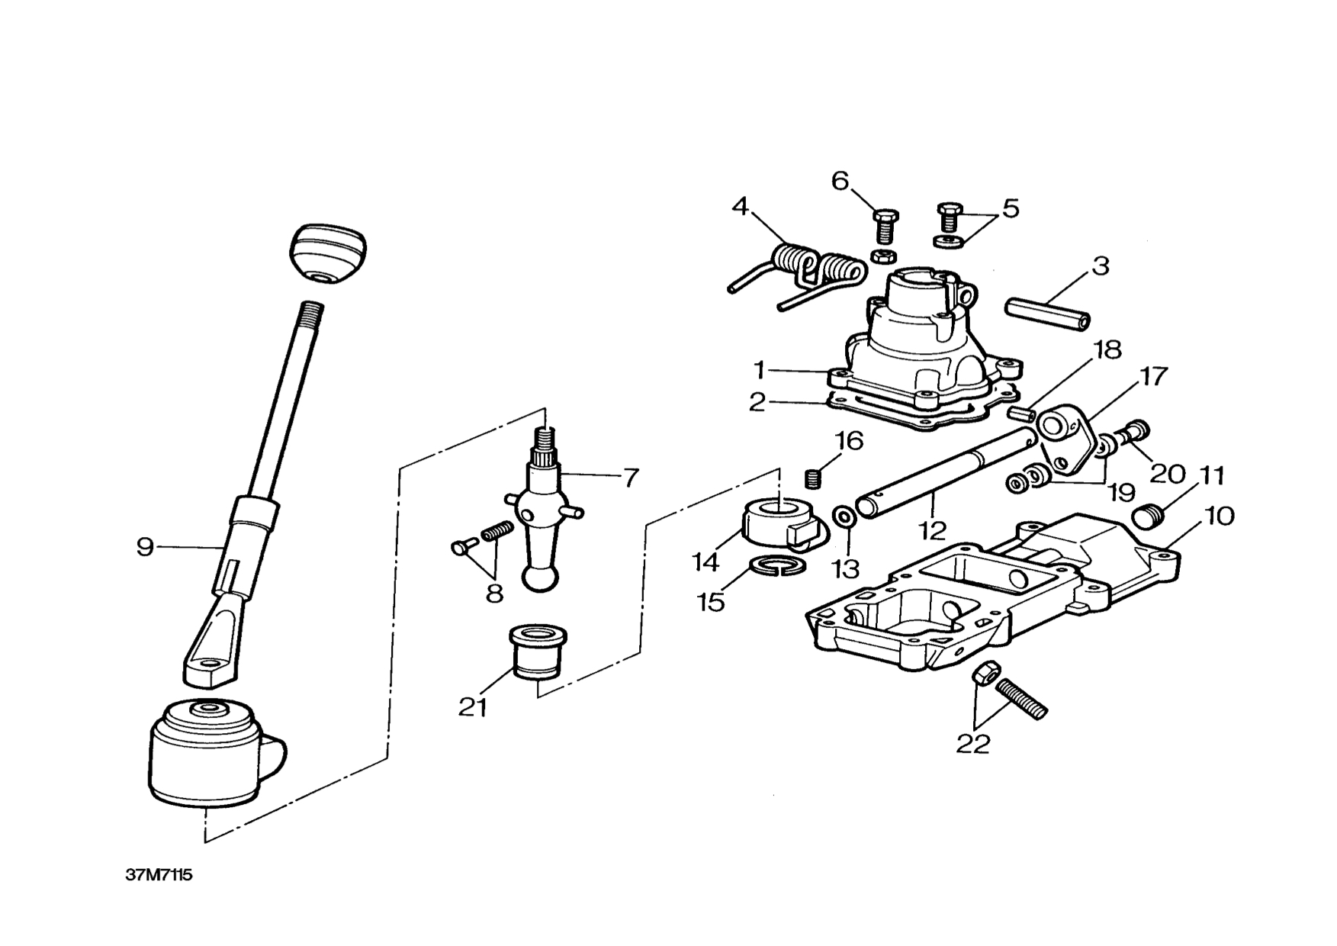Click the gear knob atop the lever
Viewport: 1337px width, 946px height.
coord(327,254)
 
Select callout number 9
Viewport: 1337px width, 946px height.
coord(145,547)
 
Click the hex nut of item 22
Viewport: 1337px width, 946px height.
coord(983,673)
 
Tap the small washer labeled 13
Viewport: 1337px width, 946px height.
coord(844,516)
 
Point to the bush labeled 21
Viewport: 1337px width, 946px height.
coord(536,652)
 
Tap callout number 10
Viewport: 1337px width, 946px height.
coord(1220,516)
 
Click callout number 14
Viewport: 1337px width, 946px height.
coord(705,563)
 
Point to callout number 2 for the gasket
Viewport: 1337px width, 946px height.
coord(757,402)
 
